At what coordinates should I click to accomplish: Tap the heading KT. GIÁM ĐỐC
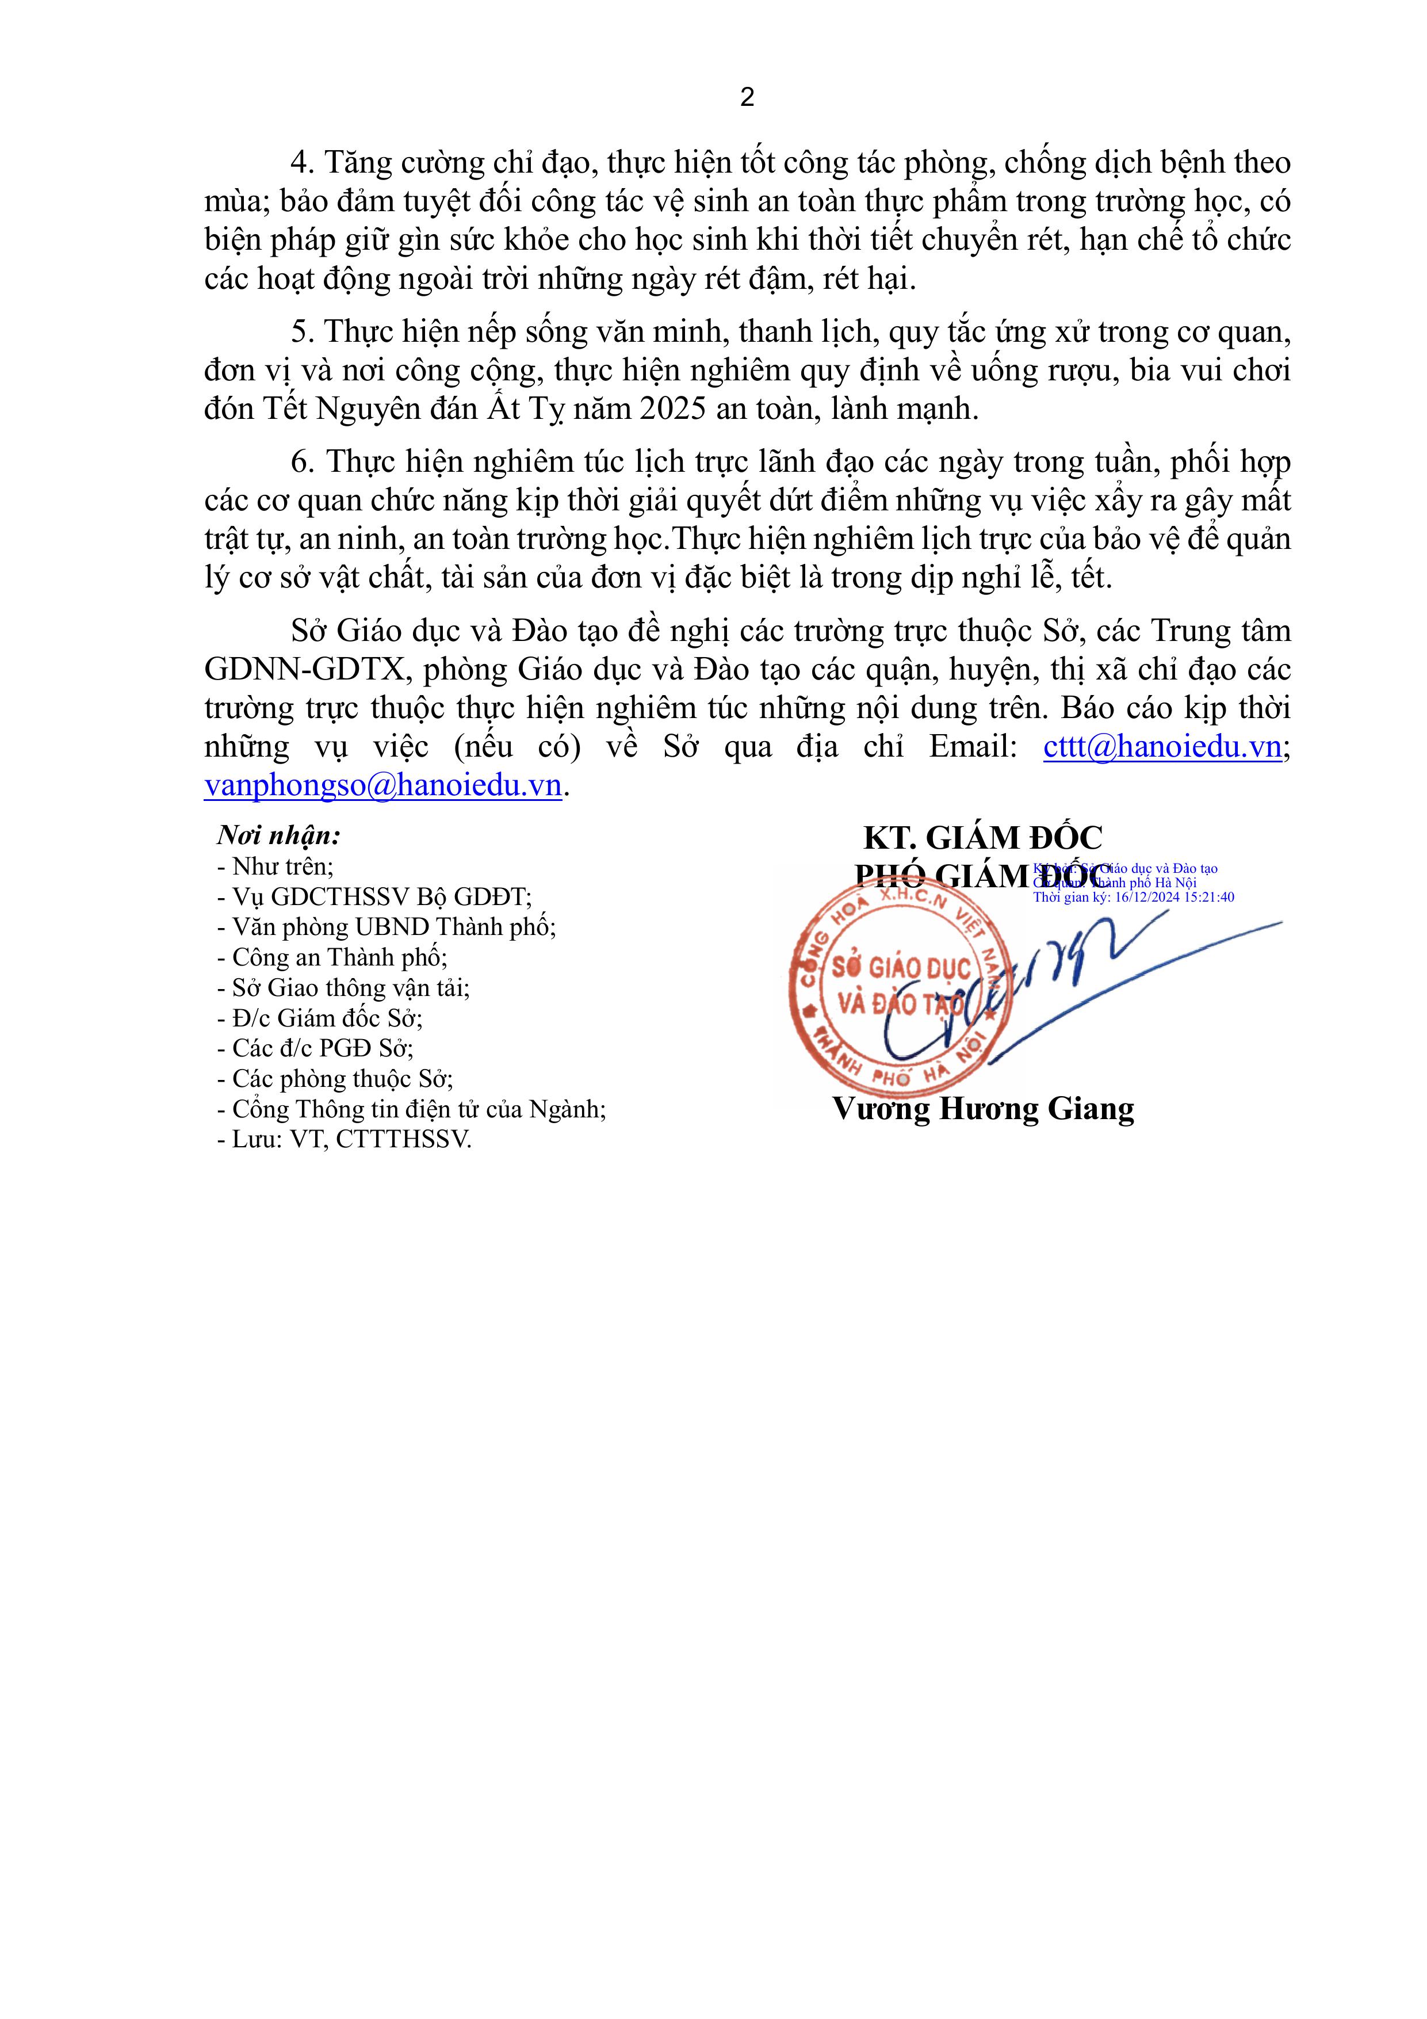[982, 838]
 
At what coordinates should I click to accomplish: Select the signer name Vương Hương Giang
[983, 1109]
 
